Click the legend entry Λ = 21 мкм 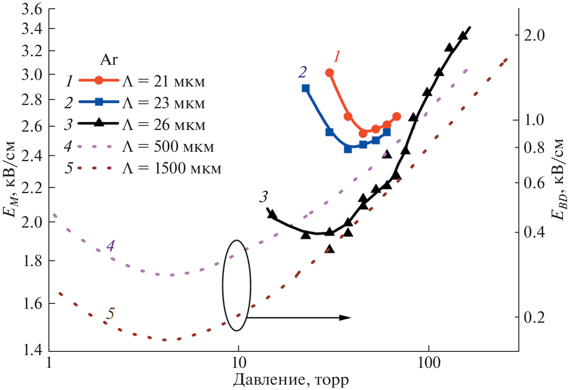(163, 81)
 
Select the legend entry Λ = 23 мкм (163, 103)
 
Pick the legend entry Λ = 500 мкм (168, 146)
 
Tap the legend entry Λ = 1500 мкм (172, 168)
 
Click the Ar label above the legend (109, 60)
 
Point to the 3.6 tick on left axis (32, 9)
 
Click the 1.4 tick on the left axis (32, 351)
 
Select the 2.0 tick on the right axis (535, 35)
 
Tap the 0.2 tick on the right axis (535, 317)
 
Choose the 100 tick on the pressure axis (429, 363)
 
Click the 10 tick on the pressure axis (238, 363)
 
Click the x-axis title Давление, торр (291, 380)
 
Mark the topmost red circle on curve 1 (329, 73)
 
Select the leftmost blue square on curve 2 (306, 88)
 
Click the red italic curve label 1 (337, 57)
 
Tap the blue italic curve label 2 (302, 72)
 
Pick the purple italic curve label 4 (110, 246)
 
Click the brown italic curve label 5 (110, 314)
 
